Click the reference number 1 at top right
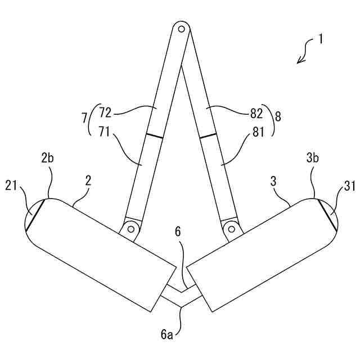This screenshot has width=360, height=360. click(x=320, y=39)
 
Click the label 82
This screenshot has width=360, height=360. click(x=256, y=113)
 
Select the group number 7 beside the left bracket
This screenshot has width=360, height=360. click(x=84, y=118)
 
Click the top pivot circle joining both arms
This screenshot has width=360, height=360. click(x=181, y=28)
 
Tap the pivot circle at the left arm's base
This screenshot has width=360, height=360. click(x=131, y=228)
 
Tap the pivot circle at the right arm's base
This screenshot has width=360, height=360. click(x=230, y=228)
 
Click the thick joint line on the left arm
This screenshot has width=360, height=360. click(x=154, y=136)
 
